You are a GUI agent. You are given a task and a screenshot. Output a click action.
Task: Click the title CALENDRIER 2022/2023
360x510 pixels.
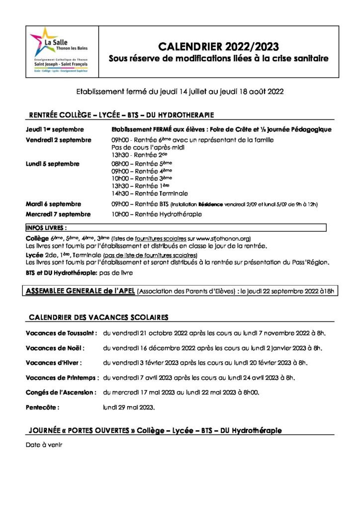click(218, 47)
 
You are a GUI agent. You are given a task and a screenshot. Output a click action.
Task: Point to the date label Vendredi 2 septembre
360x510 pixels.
click(59, 140)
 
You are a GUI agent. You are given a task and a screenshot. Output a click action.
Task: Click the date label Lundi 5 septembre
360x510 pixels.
click(52, 164)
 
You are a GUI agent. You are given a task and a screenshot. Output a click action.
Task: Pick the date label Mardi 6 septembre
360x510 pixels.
click(53, 204)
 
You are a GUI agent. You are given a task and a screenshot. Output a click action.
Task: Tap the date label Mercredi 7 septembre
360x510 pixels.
click(58, 214)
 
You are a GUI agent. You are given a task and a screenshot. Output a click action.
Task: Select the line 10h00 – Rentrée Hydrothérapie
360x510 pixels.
click(157, 214)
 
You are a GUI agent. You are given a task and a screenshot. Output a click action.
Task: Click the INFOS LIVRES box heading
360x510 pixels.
click(46, 228)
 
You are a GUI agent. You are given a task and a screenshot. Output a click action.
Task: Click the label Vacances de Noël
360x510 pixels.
click(55, 347)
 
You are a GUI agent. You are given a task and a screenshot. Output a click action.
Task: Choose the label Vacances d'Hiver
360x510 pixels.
click(54, 363)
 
